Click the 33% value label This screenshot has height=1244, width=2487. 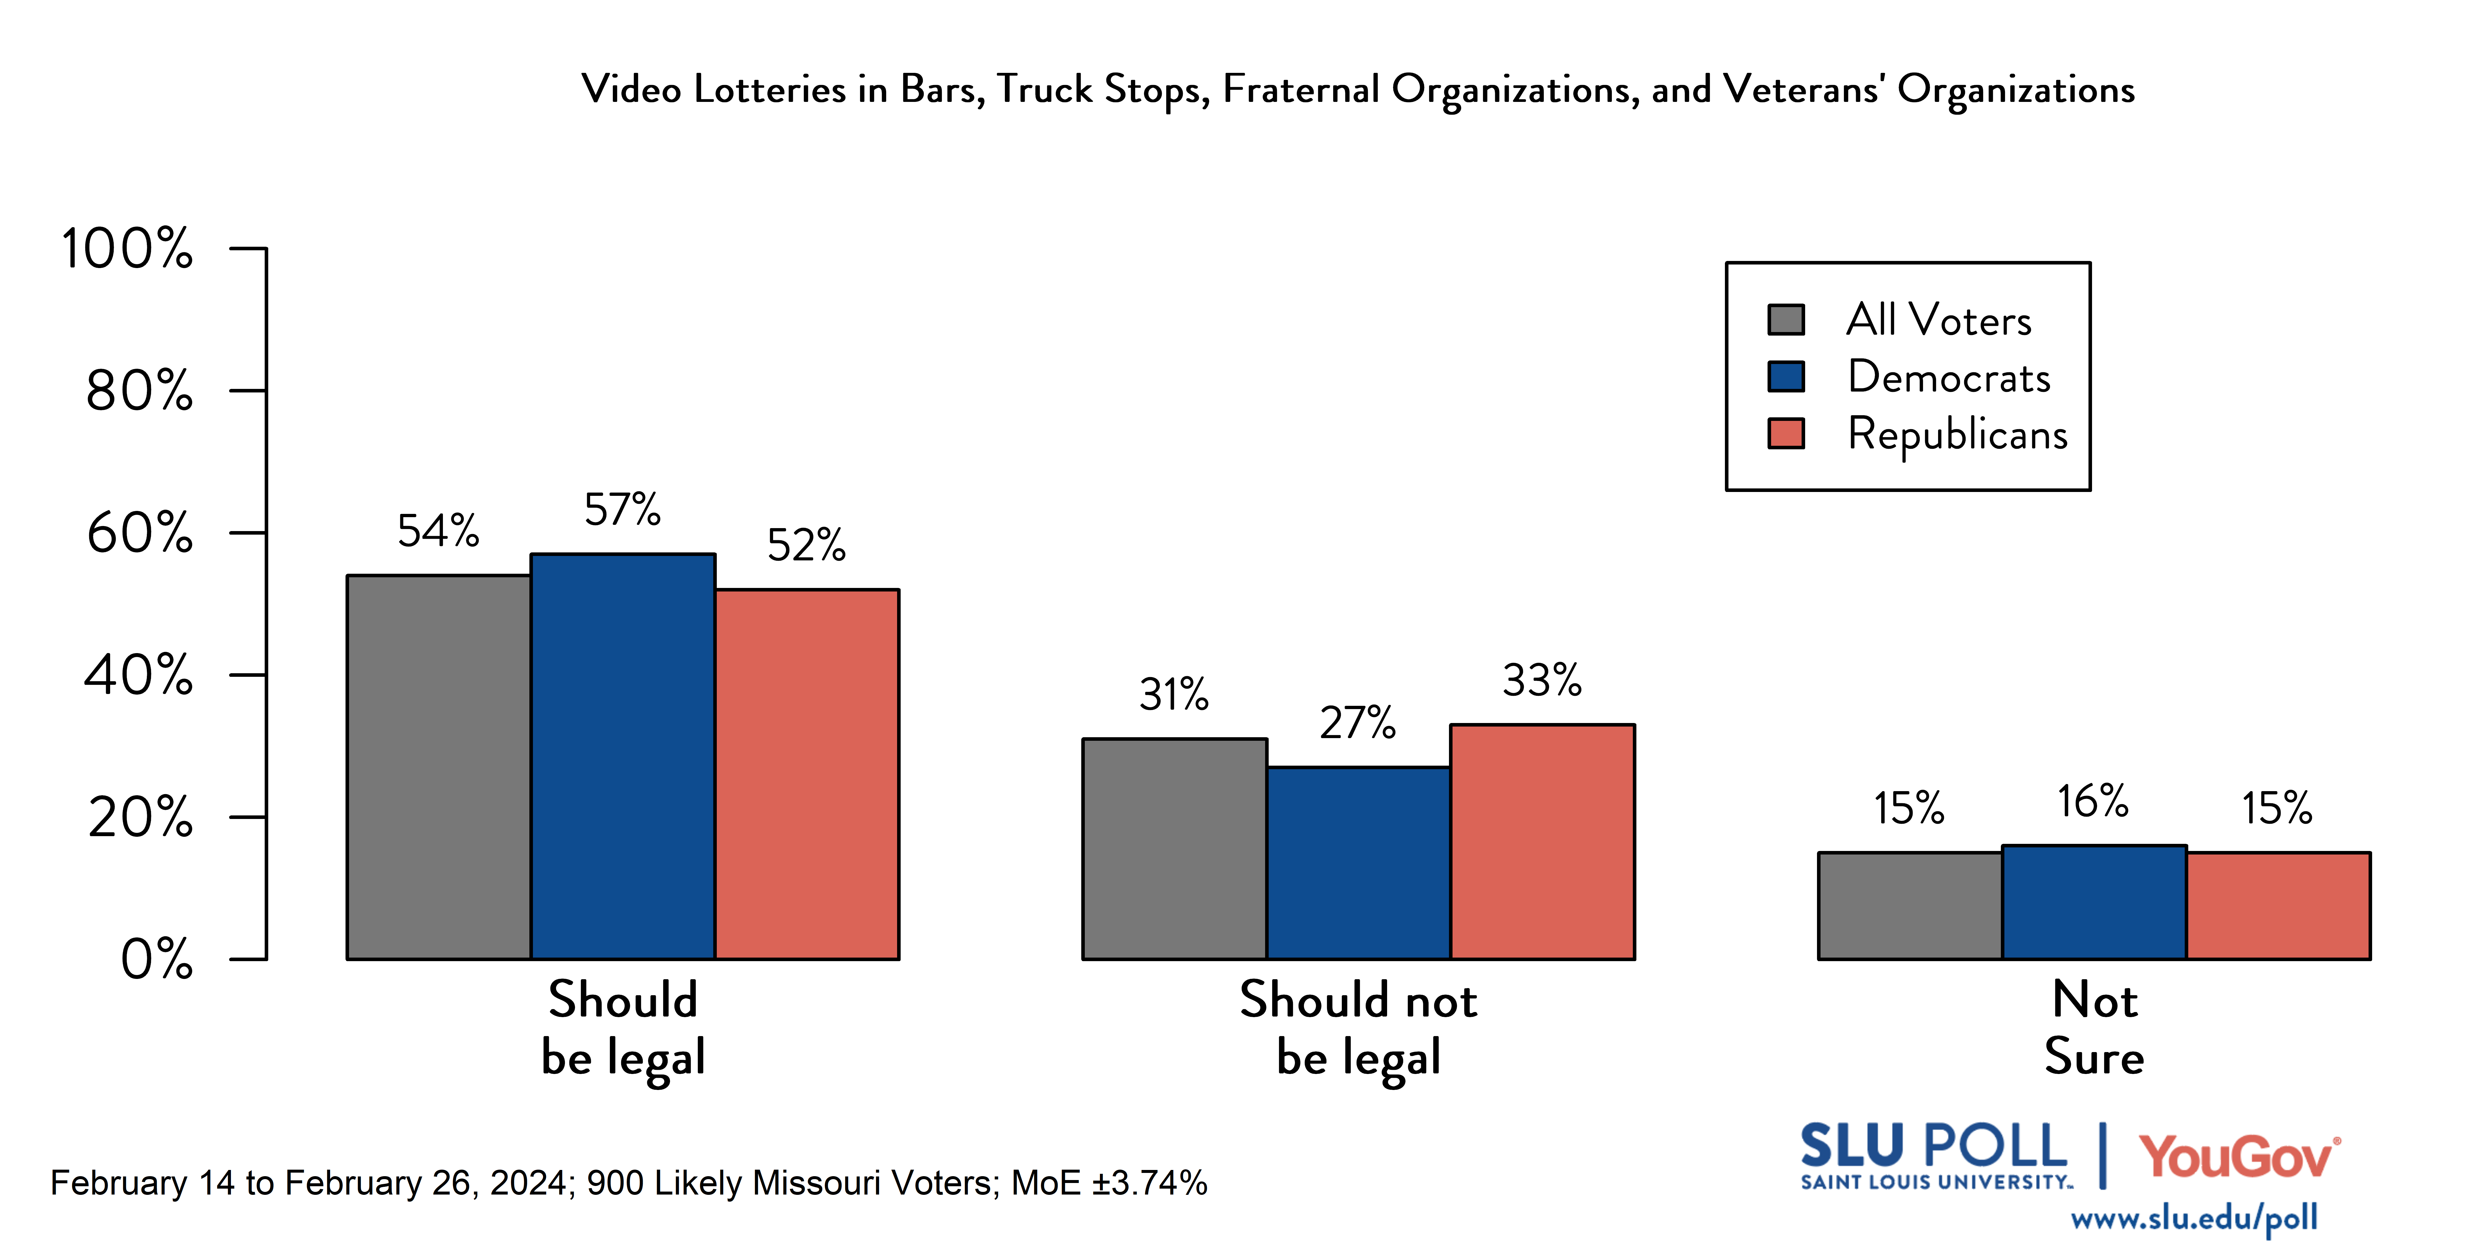tap(1542, 681)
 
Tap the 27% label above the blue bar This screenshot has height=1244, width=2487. tap(1357, 723)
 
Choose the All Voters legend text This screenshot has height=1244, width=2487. tap(1939, 320)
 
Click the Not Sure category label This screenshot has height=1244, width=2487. tap(2094, 1028)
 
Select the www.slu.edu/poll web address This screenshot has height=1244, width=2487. tap(2194, 1218)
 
